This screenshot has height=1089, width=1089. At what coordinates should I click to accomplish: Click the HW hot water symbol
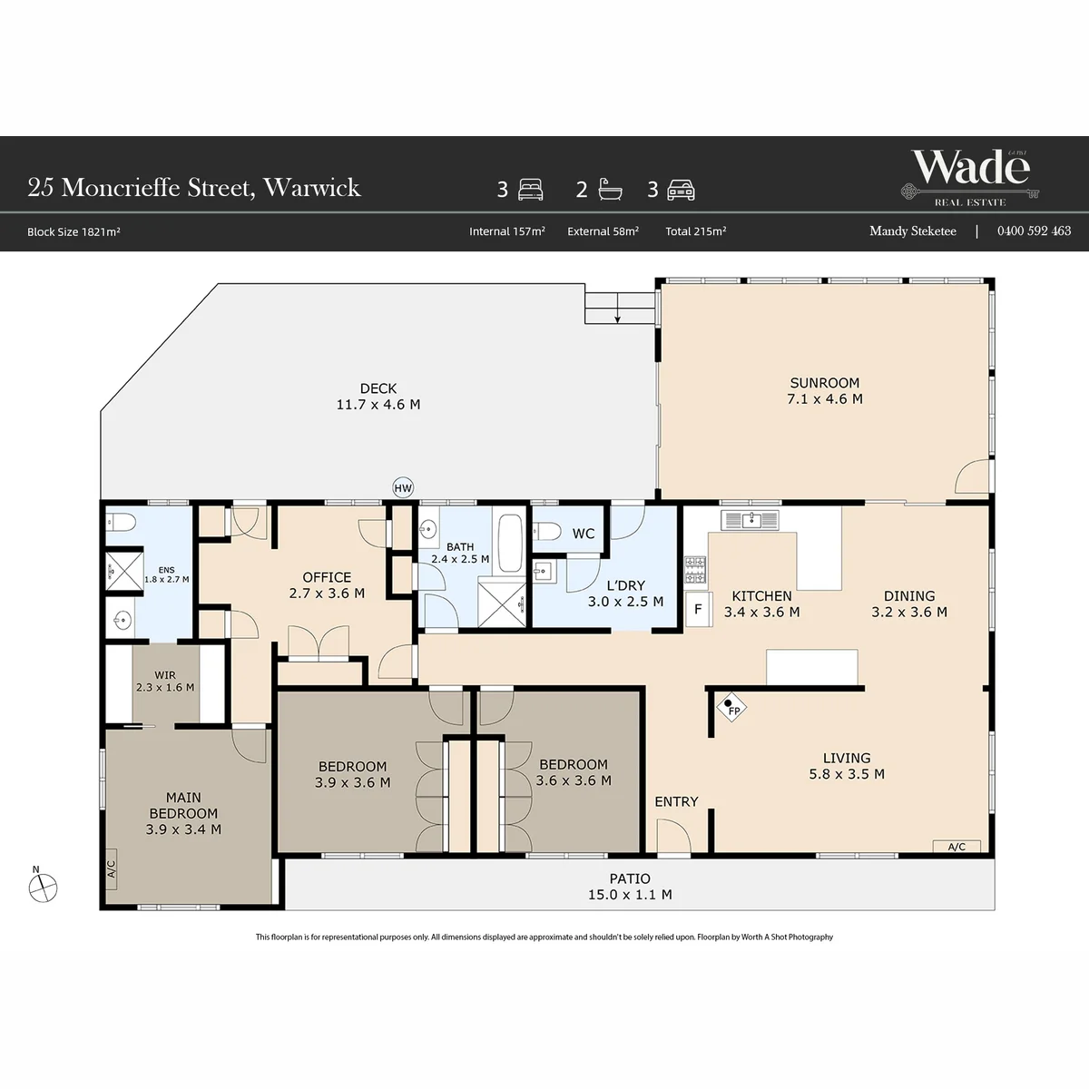(403, 487)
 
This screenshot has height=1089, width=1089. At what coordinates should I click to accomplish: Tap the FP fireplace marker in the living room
(731, 708)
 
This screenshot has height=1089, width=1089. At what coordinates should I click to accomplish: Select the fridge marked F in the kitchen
(699, 609)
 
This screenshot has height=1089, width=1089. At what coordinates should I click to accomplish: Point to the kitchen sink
(750, 520)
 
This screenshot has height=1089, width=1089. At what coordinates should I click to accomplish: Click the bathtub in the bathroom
(510, 544)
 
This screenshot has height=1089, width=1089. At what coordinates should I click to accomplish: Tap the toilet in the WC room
(546, 531)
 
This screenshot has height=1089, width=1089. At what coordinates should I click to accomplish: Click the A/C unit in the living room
(957, 847)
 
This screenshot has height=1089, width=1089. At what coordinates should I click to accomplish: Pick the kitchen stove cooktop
(694, 570)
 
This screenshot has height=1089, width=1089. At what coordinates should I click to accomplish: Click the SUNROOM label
(825, 383)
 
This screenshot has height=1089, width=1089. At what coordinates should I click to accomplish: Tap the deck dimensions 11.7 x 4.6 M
(378, 405)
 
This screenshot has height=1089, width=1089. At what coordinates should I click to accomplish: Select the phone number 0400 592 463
(1034, 231)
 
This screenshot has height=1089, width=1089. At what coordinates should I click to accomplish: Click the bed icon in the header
(531, 190)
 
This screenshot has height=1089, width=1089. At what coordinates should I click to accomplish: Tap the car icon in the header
(681, 191)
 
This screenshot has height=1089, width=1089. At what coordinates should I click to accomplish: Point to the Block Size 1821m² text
(74, 231)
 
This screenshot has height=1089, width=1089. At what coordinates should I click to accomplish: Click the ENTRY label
(676, 801)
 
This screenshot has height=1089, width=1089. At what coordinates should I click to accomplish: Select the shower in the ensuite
(124, 571)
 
